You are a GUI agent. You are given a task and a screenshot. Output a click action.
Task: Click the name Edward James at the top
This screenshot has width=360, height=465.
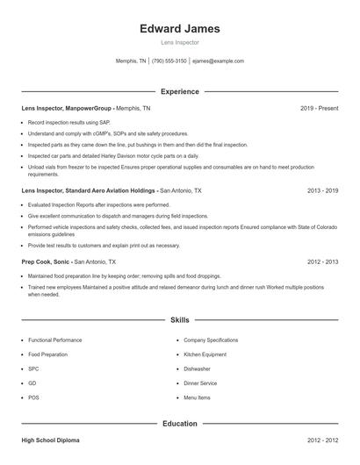click(179, 28)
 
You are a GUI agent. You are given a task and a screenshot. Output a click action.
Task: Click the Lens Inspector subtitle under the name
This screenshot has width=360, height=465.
click(179, 42)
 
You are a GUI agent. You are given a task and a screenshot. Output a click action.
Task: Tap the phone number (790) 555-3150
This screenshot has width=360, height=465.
click(169, 61)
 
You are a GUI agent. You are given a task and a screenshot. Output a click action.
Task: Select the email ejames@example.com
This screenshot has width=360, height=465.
click(218, 61)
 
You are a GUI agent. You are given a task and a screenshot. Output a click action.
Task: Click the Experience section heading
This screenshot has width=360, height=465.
click(179, 91)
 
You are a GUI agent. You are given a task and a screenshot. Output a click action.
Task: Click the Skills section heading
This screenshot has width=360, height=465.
click(179, 320)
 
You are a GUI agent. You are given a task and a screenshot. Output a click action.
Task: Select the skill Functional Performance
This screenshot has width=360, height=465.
click(54, 340)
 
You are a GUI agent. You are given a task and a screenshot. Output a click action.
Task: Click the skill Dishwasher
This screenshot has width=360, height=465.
click(198, 368)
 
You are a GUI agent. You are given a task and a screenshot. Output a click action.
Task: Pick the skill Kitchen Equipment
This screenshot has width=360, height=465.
click(205, 354)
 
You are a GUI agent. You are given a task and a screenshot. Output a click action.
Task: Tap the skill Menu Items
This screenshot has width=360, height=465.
click(197, 397)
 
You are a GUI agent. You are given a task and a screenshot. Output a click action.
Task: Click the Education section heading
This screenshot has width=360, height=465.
click(179, 424)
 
